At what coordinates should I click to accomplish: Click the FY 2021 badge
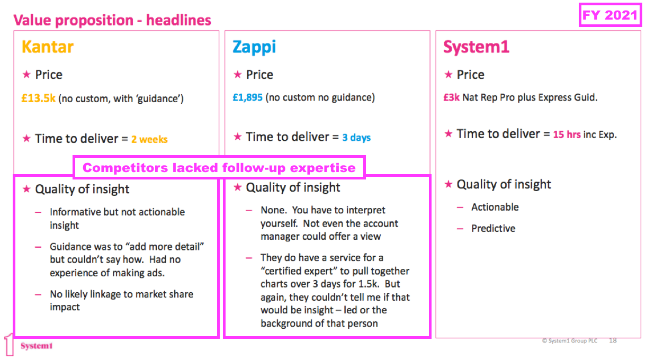coord(610,15)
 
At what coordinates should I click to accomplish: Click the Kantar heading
coord(48,47)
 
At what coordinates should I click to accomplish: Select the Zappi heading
coord(254,47)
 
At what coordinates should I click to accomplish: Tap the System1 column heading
coord(476,47)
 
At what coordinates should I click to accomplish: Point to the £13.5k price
coord(38,98)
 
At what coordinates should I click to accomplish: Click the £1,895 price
coord(247,97)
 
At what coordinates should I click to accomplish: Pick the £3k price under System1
coord(451,97)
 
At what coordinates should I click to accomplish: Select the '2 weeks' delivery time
coord(149,139)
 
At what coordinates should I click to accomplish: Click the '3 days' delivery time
coord(356,138)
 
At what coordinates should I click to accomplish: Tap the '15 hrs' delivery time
coord(567,134)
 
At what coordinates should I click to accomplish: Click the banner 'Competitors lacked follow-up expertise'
coord(219,167)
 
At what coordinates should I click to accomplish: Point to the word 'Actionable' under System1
coord(495,207)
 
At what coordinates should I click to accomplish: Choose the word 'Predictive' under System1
coord(493,228)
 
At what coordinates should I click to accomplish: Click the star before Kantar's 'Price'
coord(26,74)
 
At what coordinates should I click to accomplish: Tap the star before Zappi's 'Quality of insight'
coord(237,187)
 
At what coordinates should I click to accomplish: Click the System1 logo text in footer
coord(37,346)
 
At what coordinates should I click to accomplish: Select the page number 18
coord(613,340)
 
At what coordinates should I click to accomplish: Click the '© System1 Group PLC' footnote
coord(570,341)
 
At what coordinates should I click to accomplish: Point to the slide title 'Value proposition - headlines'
coord(112,20)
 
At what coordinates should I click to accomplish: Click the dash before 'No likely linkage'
coord(38,294)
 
